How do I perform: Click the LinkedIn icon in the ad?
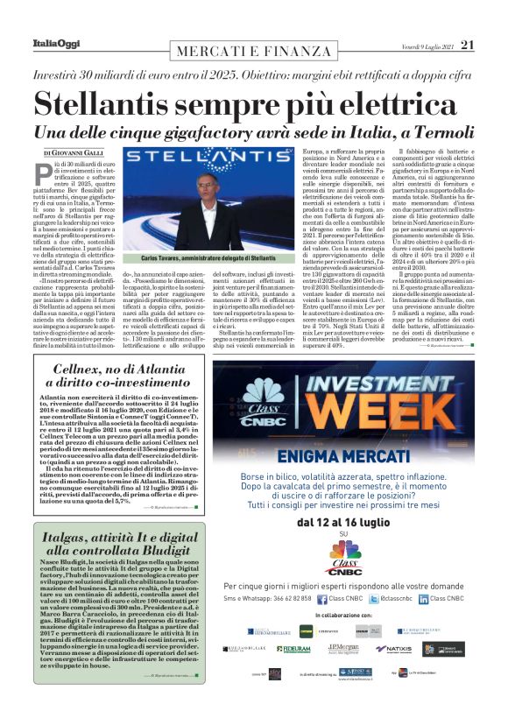[x=424, y=599]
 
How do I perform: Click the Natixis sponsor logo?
[x=392, y=649]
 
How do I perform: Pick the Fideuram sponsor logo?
[x=294, y=649]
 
